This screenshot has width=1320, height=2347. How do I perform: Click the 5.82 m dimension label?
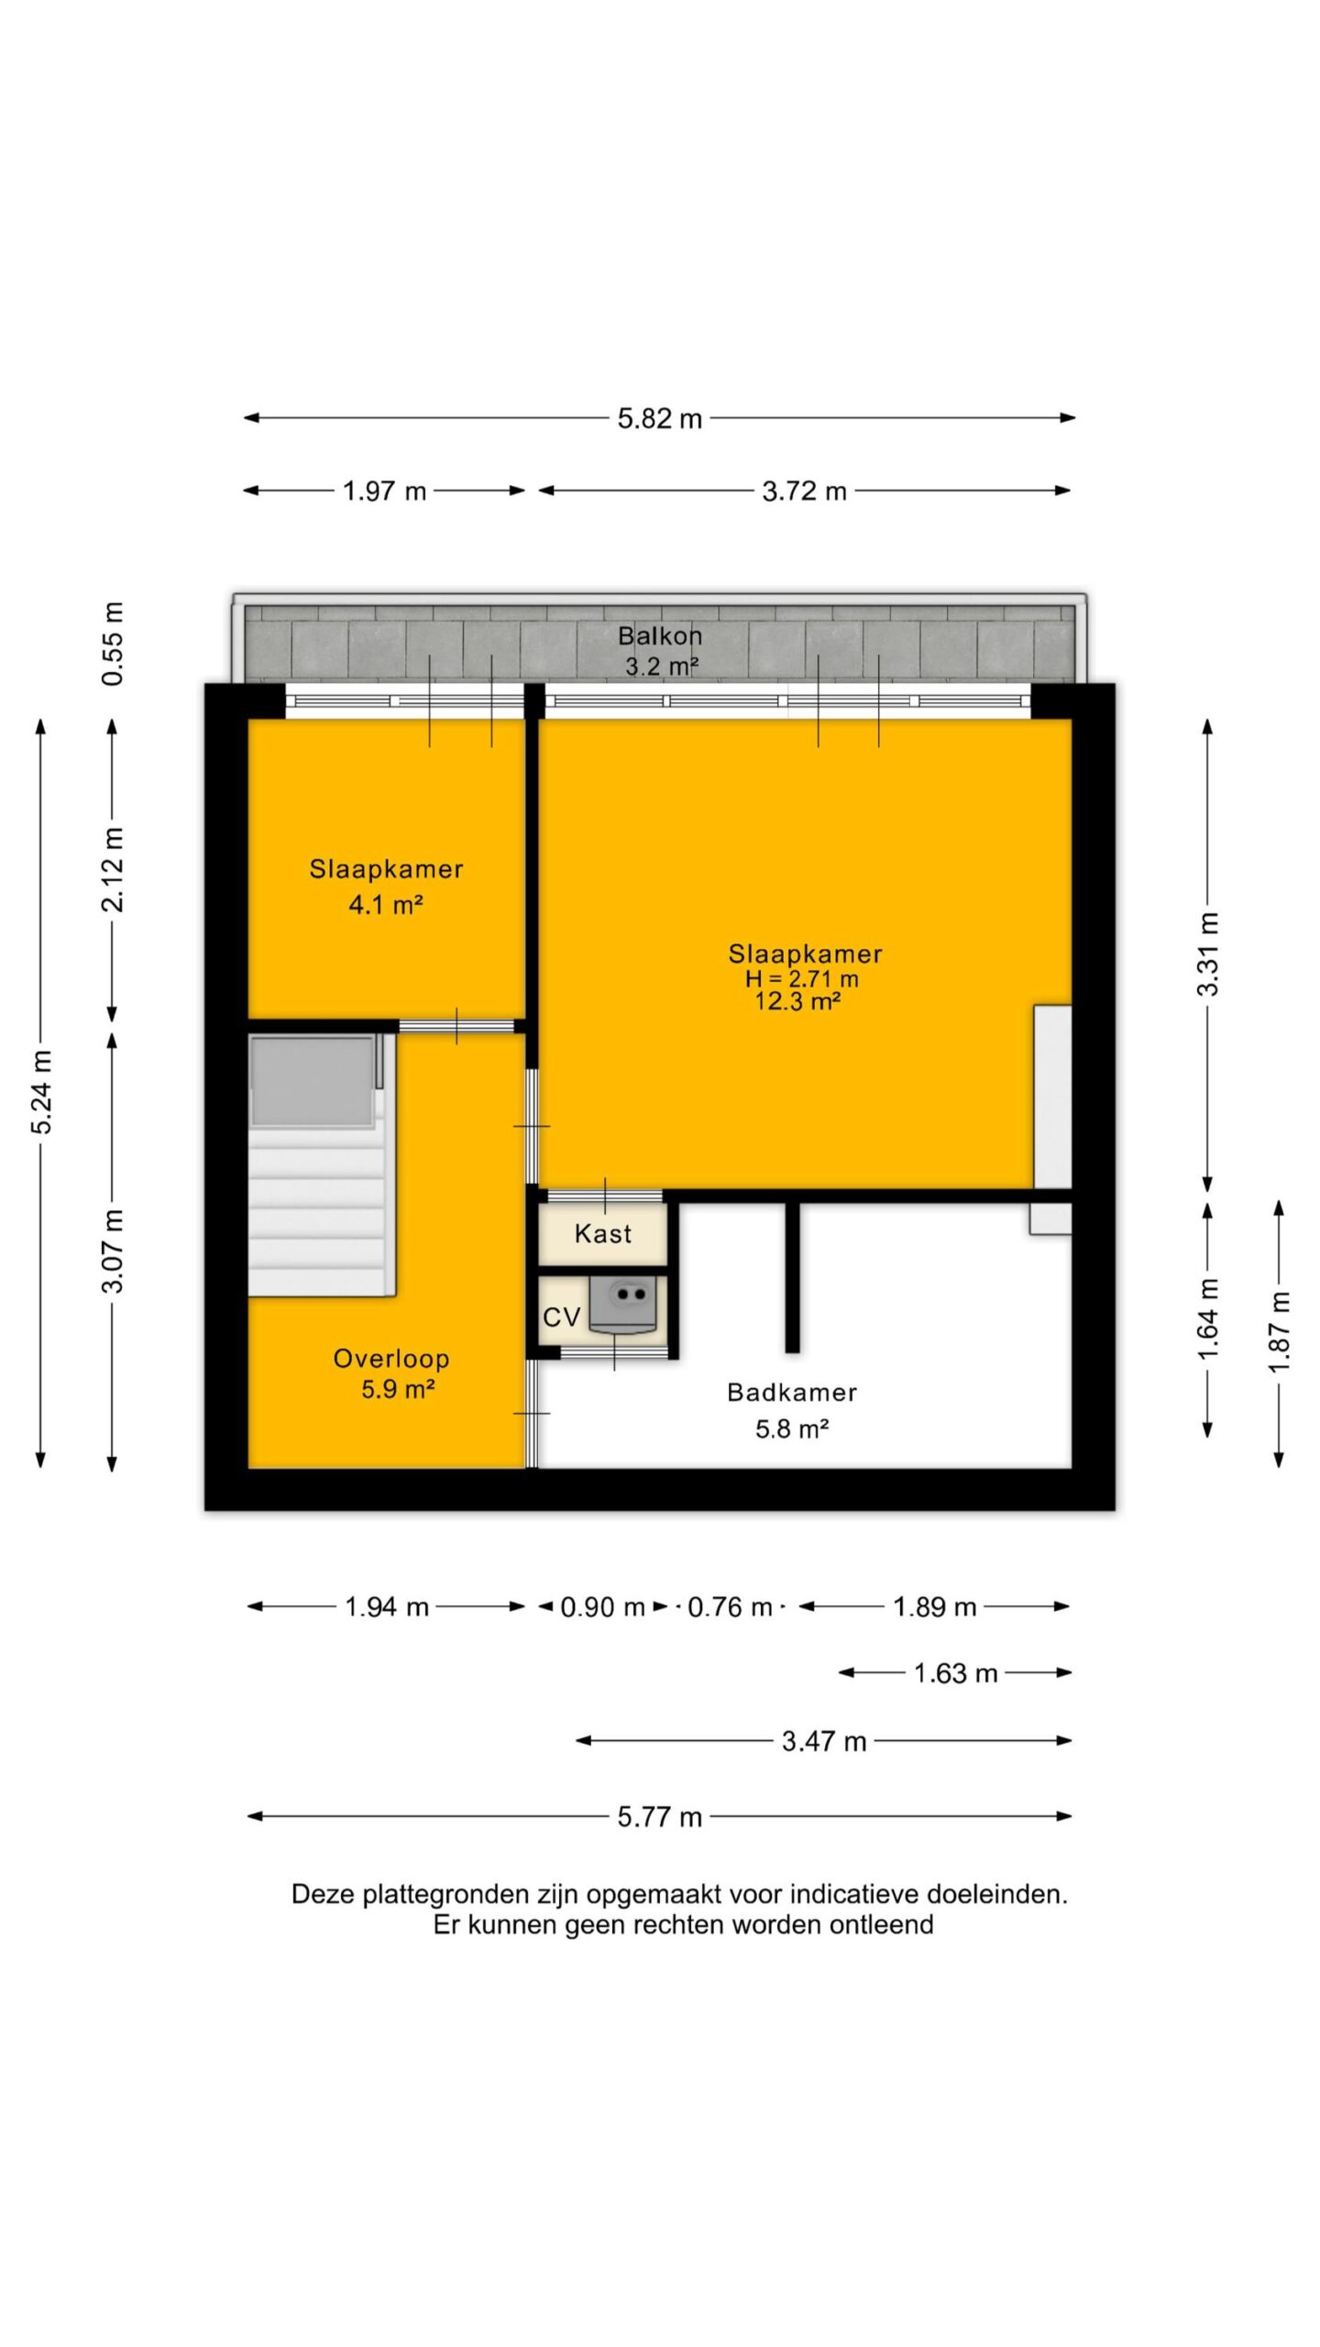click(659, 419)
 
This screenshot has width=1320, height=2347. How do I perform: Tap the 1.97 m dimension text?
click(384, 491)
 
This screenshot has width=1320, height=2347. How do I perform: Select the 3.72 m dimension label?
click(804, 491)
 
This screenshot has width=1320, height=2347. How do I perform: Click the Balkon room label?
click(660, 635)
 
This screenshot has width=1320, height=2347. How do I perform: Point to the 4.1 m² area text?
click(386, 905)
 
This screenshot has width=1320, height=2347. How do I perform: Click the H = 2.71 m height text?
click(802, 978)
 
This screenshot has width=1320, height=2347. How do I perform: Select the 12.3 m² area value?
click(797, 1001)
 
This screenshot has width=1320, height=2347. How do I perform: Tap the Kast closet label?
click(603, 1234)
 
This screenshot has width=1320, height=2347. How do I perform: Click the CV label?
click(561, 1317)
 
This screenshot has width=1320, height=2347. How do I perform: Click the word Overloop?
click(391, 1359)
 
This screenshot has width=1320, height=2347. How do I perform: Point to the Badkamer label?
click(792, 1393)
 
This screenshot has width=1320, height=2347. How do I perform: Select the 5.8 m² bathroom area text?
click(792, 1428)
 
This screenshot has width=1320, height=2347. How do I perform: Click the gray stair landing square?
click(313, 1082)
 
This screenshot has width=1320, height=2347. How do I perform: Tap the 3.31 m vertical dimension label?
click(1209, 954)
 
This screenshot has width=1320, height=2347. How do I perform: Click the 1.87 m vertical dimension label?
click(1280, 1332)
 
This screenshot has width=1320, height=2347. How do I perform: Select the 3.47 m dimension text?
click(823, 1741)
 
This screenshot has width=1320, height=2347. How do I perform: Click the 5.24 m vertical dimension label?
click(41, 1092)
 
